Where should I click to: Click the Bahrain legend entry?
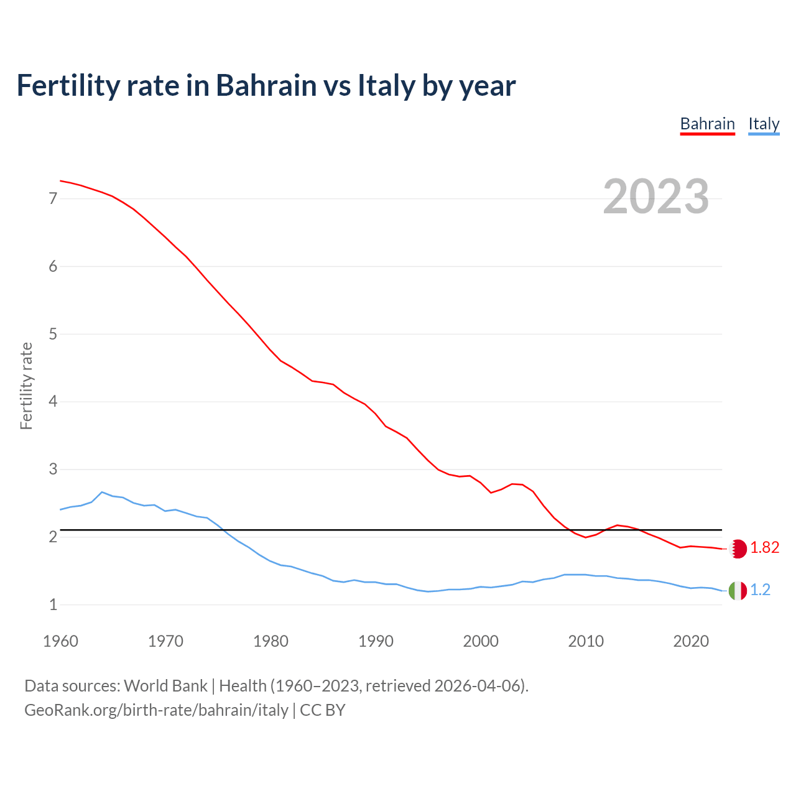pyautogui.click(x=707, y=124)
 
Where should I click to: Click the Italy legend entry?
pyautogui.click(x=764, y=124)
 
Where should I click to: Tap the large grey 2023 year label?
pyautogui.click(x=655, y=197)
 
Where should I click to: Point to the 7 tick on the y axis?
pyautogui.click(x=53, y=199)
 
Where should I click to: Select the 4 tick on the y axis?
pyautogui.click(x=53, y=402)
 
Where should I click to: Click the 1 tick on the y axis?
pyautogui.click(x=53, y=604)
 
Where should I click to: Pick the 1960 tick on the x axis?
pyautogui.click(x=60, y=641)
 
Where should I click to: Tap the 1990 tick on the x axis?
pyautogui.click(x=376, y=641)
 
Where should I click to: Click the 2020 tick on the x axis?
pyautogui.click(x=691, y=641)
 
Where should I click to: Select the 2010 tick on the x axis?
pyautogui.click(x=586, y=641)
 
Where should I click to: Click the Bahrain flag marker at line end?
pyautogui.click(x=738, y=548)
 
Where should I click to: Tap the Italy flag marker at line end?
pyautogui.click(x=738, y=590)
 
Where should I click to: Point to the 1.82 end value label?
pyautogui.click(x=764, y=547)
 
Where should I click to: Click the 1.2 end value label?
pyautogui.click(x=760, y=590)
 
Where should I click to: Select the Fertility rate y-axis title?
pyautogui.click(x=26, y=386)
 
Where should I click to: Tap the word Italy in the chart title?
pyautogui.click(x=386, y=86)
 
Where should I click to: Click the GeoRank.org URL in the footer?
pyautogui.click(x=156, y=710)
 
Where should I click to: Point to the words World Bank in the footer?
pyautogui.click(x=165, y=686)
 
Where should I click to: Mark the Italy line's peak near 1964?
pyautogui.click(x=102, y=492)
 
